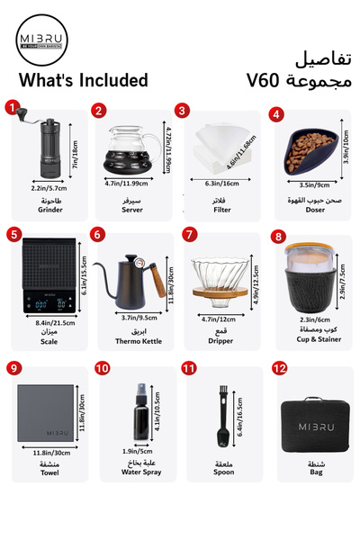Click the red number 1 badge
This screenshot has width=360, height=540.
tap(13, 108)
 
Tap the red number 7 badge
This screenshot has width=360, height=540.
tap(189, 234)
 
